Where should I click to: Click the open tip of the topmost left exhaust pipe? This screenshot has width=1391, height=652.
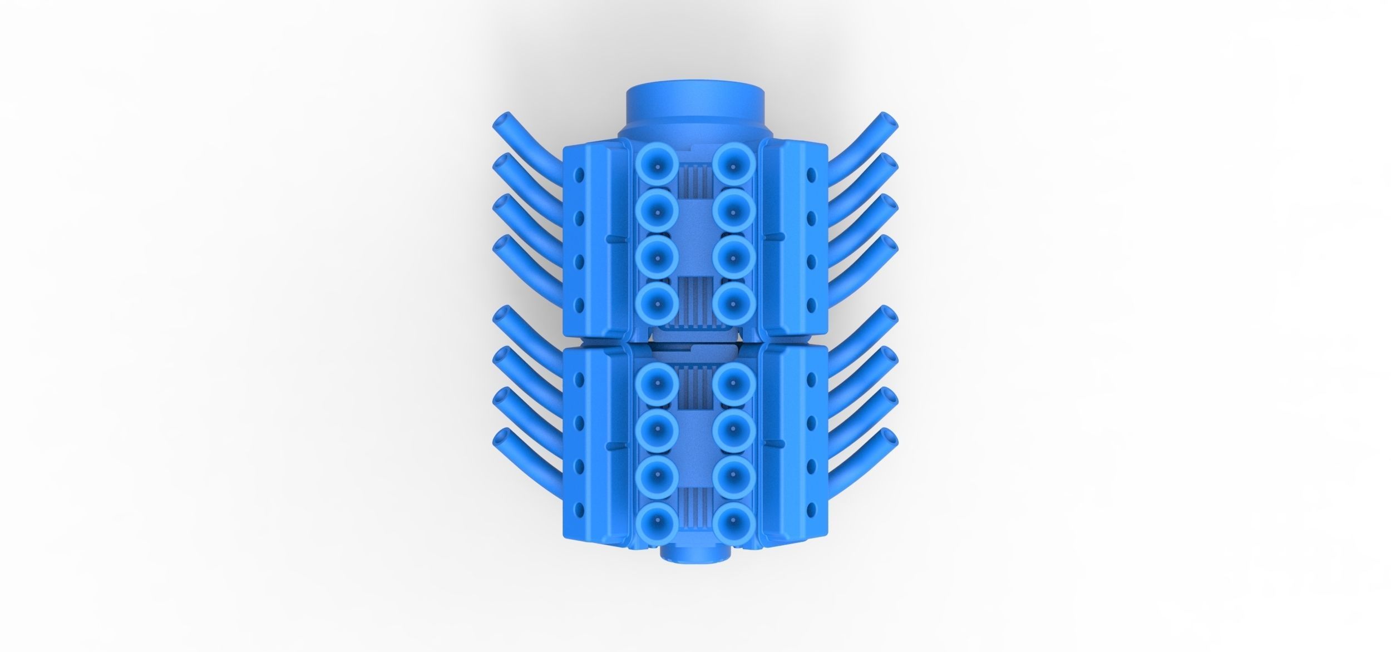point(110,122)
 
